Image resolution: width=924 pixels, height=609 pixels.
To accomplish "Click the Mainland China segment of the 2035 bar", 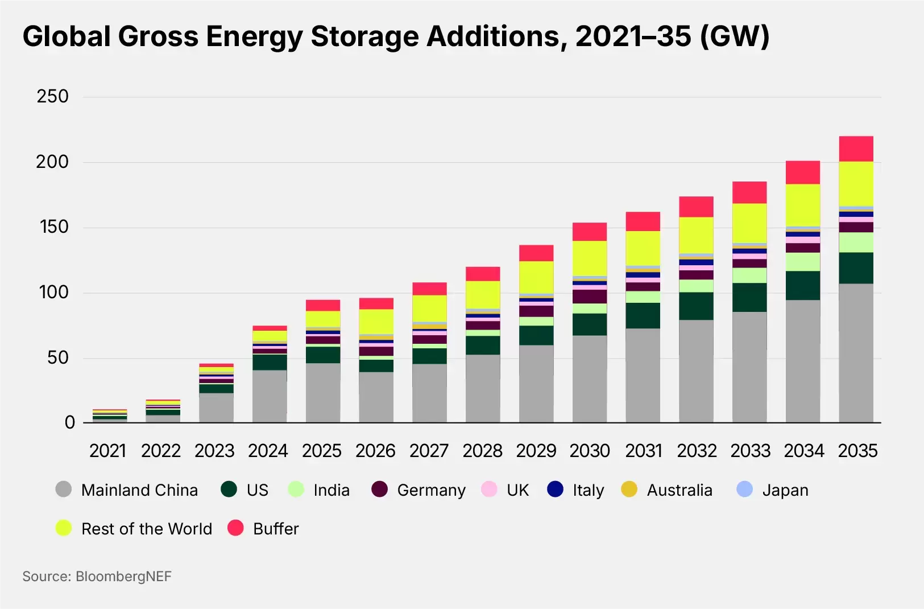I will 856,353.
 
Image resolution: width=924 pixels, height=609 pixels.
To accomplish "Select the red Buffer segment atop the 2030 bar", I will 590,232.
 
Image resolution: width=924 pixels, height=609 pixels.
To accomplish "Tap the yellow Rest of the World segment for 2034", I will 803,205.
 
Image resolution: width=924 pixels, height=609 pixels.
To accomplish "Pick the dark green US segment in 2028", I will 483,345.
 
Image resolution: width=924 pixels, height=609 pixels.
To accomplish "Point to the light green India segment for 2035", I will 856,242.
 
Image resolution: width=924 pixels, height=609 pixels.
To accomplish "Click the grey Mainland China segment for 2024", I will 270,396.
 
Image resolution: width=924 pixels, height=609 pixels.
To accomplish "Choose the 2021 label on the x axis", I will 107,451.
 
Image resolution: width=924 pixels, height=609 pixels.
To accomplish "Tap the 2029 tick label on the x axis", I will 536,451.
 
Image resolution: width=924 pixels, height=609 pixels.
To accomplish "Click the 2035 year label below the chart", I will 857,451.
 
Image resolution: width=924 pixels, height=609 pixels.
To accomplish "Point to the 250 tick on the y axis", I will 53,96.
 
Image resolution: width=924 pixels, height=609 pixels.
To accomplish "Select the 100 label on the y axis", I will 53,293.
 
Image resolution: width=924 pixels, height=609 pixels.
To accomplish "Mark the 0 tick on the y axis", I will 69,422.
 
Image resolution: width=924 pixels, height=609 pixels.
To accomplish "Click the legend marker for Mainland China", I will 64,489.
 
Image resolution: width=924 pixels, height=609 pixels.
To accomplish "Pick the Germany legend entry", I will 431,490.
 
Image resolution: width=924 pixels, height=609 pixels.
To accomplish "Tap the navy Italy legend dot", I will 555,489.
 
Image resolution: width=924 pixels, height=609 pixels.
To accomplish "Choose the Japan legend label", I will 785,490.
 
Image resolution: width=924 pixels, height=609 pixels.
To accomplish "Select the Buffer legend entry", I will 276,529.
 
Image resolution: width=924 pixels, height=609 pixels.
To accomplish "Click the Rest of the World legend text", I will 147,529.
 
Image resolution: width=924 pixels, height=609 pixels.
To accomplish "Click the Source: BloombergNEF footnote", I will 97,577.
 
